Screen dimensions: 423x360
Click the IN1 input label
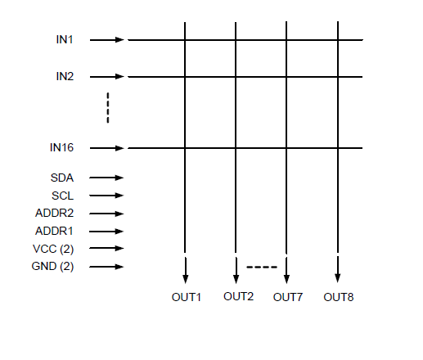pos(65,39)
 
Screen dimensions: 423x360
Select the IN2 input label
pos(65,76)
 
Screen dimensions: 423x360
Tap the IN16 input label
pos(61,147)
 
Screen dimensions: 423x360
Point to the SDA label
pos(62,178)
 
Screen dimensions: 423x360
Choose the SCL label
pos(63,196)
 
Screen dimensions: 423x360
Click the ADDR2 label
pos(55,213)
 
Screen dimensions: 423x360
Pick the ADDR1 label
pos(54,231)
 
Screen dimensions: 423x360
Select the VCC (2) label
pos(53,249)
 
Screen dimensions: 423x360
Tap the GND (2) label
pos(52,266)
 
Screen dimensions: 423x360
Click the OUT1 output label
pos(187,297)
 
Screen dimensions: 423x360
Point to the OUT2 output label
pos(239,296)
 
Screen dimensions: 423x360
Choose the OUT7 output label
pos(288,297)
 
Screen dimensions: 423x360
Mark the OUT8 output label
pos(339,297)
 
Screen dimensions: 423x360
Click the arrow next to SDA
pos(106,178)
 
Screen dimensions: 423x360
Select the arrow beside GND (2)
pos(106,267)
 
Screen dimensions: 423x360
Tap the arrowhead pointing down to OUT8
pos(338,278)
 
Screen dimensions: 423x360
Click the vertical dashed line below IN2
pos(108,108)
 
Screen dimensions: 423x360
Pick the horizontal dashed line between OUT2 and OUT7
pos(262,267)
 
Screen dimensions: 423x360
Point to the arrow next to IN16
pos(107,148)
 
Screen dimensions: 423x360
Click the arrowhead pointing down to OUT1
pos(186,279)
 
